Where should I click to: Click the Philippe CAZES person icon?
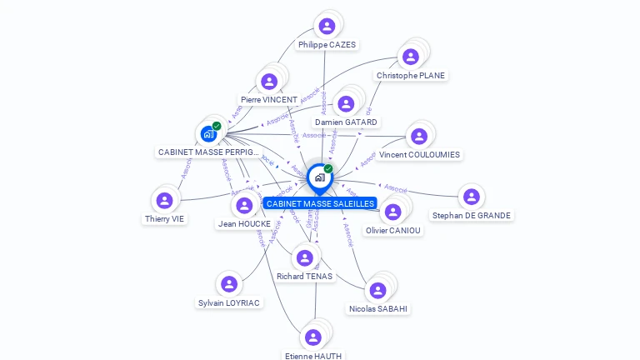pos(327,26)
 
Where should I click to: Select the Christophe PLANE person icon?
pos(410,57)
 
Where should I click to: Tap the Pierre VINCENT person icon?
pos(268,82)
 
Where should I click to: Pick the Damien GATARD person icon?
pos(346,104)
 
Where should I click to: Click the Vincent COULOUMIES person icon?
pos(418,136)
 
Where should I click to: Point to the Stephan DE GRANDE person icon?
pos(471,197)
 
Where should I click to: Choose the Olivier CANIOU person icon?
pos(392,212)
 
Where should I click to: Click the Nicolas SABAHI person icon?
pos(377,290)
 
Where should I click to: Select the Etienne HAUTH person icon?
pos(312,337)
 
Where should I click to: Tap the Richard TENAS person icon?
pos(304,257)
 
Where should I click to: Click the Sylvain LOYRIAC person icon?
pos(229,284)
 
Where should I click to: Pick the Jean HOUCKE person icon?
pos(244,205)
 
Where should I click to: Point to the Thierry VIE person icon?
pos(164,200)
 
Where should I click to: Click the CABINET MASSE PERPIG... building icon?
pos(208,133)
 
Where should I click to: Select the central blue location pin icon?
pos(319,177)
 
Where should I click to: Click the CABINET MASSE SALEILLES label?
pos(320,203)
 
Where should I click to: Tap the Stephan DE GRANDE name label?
pos(472,215)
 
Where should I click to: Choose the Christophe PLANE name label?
pos(411,75)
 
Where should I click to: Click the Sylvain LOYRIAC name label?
pos(229,303)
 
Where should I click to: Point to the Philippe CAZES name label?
pos(327,45)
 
